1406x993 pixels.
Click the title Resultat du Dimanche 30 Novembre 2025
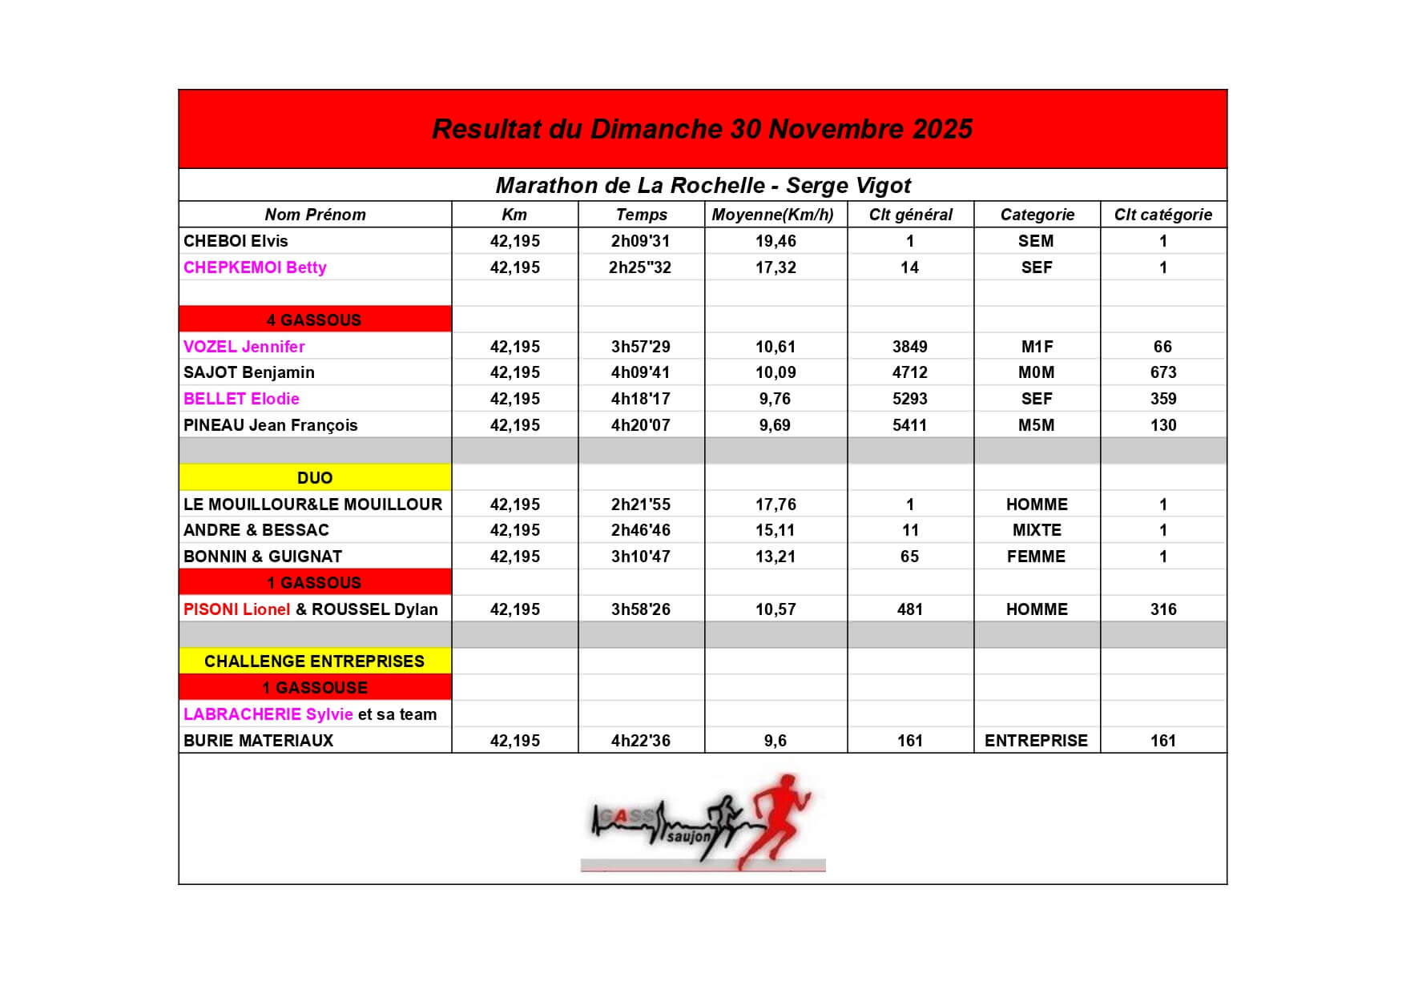tap(702, 129)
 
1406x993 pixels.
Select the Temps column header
tap(641, 215)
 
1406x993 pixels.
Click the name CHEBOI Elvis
tap(236, 241)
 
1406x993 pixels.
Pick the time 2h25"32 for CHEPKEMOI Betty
tap(639, 267)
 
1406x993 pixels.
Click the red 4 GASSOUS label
tap(314, 320)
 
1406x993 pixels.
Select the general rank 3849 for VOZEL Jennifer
tap(909, 347)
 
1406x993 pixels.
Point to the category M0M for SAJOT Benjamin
tap(1036, 372)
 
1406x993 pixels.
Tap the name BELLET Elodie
tap(241, 399)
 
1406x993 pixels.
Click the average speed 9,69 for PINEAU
tap(775, 425)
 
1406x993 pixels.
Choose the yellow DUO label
tap(314, 478)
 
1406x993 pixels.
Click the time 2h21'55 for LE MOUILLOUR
tap(640, 505)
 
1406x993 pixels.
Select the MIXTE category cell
tap(1036, 530)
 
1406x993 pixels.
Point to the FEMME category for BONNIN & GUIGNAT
tap(1036, 557)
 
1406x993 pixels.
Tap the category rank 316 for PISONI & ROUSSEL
tap(1162, 609)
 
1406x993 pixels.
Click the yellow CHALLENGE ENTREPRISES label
tap(314, 661)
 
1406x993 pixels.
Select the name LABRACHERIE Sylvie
tap(268, 714)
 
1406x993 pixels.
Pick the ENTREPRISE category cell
tap(1036, 741)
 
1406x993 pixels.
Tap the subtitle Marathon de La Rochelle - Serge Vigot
tap(703, 186)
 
